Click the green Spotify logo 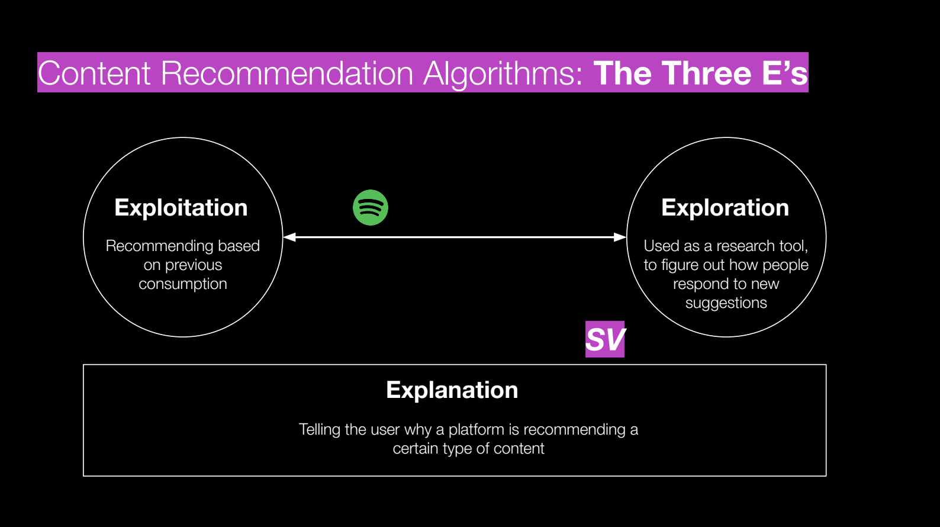pos(371,208)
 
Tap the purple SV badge pos(605,339)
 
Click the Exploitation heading pos(181,208)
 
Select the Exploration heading pos(725,208)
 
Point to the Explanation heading pos(452,390)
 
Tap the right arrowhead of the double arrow pos(620,237)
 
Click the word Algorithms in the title pos(503,73)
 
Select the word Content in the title pos(95,73)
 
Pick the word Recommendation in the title pos(286,73)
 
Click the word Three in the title pos(707,73)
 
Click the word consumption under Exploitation pos(183,284)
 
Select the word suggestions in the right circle pos(726,303)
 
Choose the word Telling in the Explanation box pos(320,429)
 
